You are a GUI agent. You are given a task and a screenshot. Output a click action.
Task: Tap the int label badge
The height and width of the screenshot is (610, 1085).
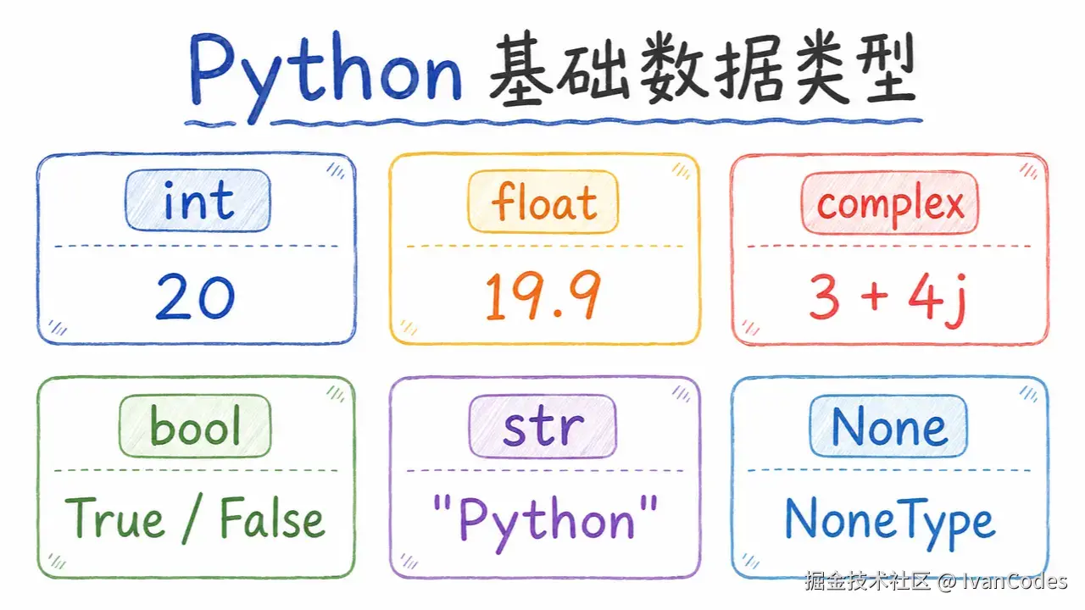point(198,201)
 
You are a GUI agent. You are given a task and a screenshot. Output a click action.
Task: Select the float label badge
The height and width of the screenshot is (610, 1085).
point(543,202)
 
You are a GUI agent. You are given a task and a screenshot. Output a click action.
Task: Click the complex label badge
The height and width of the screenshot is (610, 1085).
point(890,202)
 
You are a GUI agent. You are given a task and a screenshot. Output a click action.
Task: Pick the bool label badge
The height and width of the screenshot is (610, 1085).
point(195,426)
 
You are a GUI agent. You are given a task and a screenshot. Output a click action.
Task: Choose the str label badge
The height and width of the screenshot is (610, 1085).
point(542,426)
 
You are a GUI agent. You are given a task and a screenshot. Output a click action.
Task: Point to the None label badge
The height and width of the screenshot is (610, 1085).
point(888,426)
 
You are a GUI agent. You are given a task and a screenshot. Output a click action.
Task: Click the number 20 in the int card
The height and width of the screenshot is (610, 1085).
point(195,297)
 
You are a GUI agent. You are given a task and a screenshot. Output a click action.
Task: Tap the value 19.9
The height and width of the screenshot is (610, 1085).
point(543,296)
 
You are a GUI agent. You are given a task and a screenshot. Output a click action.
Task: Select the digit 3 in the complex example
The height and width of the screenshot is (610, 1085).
point(824,297)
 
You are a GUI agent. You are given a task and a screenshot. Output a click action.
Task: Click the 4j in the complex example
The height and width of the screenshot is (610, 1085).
point(938,300)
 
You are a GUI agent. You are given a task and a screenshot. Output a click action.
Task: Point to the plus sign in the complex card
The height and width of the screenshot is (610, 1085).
point(874,297)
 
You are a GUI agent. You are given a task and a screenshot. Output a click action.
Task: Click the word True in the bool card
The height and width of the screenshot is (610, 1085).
point(114,518)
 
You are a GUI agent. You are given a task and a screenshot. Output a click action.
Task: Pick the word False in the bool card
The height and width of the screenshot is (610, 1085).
point(272,518)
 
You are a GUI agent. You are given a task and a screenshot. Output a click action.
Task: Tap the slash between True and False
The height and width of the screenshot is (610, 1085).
point(192,519)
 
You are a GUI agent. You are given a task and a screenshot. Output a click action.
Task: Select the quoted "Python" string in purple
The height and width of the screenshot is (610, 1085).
point(545,523)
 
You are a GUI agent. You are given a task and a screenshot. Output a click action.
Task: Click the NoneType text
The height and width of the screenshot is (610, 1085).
point(889,524)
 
